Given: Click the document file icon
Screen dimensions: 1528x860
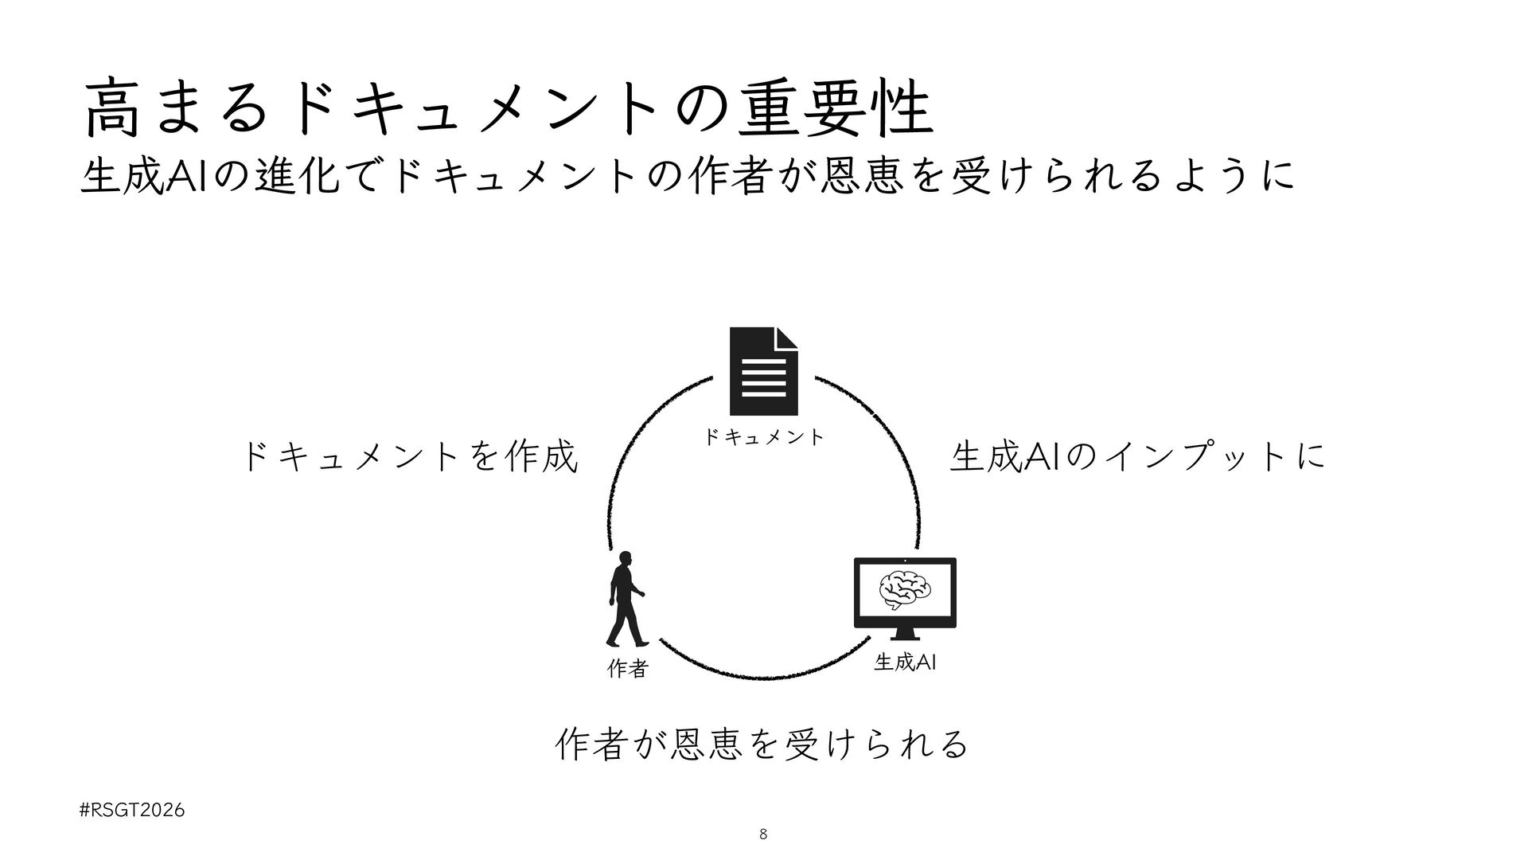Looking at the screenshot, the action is click(763, 371).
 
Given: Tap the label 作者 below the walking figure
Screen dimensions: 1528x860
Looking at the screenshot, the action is click(627, 670).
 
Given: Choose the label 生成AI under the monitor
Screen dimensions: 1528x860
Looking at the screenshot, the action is click(905, 662).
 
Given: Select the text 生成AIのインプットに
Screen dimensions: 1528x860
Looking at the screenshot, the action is click(1138, 457).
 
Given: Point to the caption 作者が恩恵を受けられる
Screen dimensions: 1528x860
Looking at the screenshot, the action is click(762, 743).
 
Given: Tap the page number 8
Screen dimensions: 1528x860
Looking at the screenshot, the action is click(764, 835).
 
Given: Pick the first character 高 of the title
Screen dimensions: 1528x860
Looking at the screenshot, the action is click(112, 111).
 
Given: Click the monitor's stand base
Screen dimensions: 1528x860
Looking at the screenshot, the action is click(905, 636).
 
